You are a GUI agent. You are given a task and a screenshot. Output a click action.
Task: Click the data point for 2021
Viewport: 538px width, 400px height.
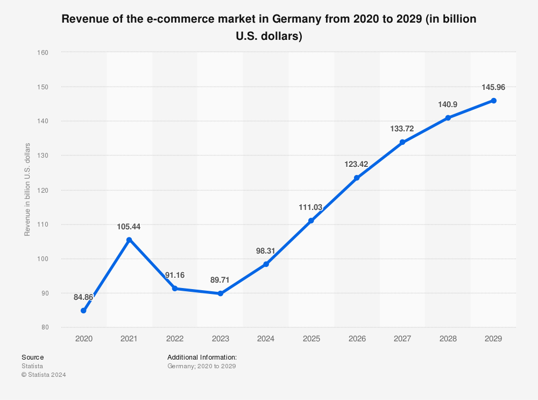[x=129, y=240]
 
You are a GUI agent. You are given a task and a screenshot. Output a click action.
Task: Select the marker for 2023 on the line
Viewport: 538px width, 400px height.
[x=220, y=293]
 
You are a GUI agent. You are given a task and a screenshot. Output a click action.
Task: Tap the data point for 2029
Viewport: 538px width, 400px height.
[x=493, y=101]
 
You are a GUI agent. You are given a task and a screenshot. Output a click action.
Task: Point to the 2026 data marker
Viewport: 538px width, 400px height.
[x=357, y=178]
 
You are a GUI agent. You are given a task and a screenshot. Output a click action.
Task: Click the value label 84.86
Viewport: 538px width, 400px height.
[x=83, y=297]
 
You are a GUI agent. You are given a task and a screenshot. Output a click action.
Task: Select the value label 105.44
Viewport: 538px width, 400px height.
[x=129, y=227]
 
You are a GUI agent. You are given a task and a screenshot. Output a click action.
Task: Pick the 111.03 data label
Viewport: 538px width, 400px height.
[x=311, y=207]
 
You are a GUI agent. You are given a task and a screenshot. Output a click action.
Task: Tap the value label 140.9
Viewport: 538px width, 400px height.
[x=448, y=104]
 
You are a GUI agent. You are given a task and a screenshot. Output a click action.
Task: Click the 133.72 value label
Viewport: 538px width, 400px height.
[x=402, y=129]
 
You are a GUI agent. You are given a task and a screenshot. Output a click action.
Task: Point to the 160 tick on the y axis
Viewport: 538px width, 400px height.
[x=44, y=53]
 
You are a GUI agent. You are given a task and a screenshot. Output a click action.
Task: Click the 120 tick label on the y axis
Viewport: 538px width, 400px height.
[x=44, y=190]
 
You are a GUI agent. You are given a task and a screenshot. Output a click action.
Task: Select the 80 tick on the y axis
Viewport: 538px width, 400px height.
[x=45, y=327]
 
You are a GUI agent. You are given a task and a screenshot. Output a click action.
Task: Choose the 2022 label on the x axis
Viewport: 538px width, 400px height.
[x=175, y=339]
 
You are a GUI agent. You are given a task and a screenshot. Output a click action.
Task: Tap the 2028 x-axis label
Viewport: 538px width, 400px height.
[x=448, y=339]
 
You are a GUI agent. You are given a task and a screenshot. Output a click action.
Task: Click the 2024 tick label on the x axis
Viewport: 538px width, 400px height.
[x=266, y=339]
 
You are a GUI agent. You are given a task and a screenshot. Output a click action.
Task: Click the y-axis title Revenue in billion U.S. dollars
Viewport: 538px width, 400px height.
[x=27, y=190]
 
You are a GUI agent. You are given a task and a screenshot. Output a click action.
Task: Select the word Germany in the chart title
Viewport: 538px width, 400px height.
[x=295, y=20]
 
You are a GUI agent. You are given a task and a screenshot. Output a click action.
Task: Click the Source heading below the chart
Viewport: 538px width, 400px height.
[x=33, y=357]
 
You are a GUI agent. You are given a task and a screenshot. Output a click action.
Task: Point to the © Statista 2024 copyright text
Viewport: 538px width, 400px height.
[x=44, y=375]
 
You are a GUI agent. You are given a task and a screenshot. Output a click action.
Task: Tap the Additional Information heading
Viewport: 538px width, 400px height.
[x=202, y=357]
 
